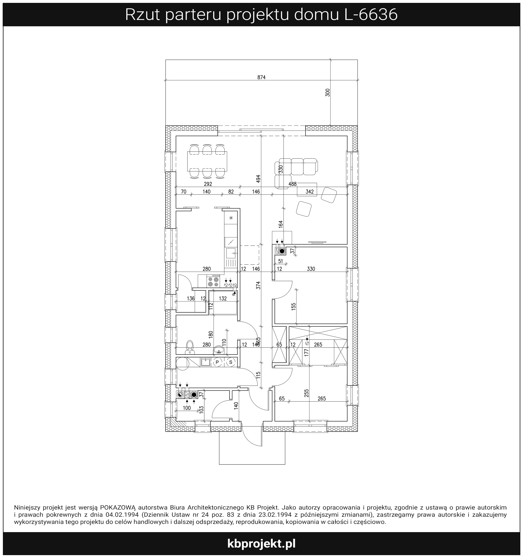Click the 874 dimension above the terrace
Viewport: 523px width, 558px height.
(x=261, y=77)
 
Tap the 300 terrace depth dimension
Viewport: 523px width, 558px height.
(x=328, y=92)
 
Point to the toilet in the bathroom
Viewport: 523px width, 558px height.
(x=190, y=347)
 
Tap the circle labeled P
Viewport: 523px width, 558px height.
(x=217, y=362)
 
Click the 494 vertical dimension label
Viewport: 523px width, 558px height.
(x=258, y=179)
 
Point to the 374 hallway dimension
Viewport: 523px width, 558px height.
(x=258, y=285)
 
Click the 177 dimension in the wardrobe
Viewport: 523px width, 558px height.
(x=306, y=353)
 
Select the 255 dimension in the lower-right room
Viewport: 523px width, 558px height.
(x=306, y=393)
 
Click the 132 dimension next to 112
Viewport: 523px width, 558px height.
(x=223, y=298)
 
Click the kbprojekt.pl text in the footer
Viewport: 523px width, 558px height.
(x=261, y=544)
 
